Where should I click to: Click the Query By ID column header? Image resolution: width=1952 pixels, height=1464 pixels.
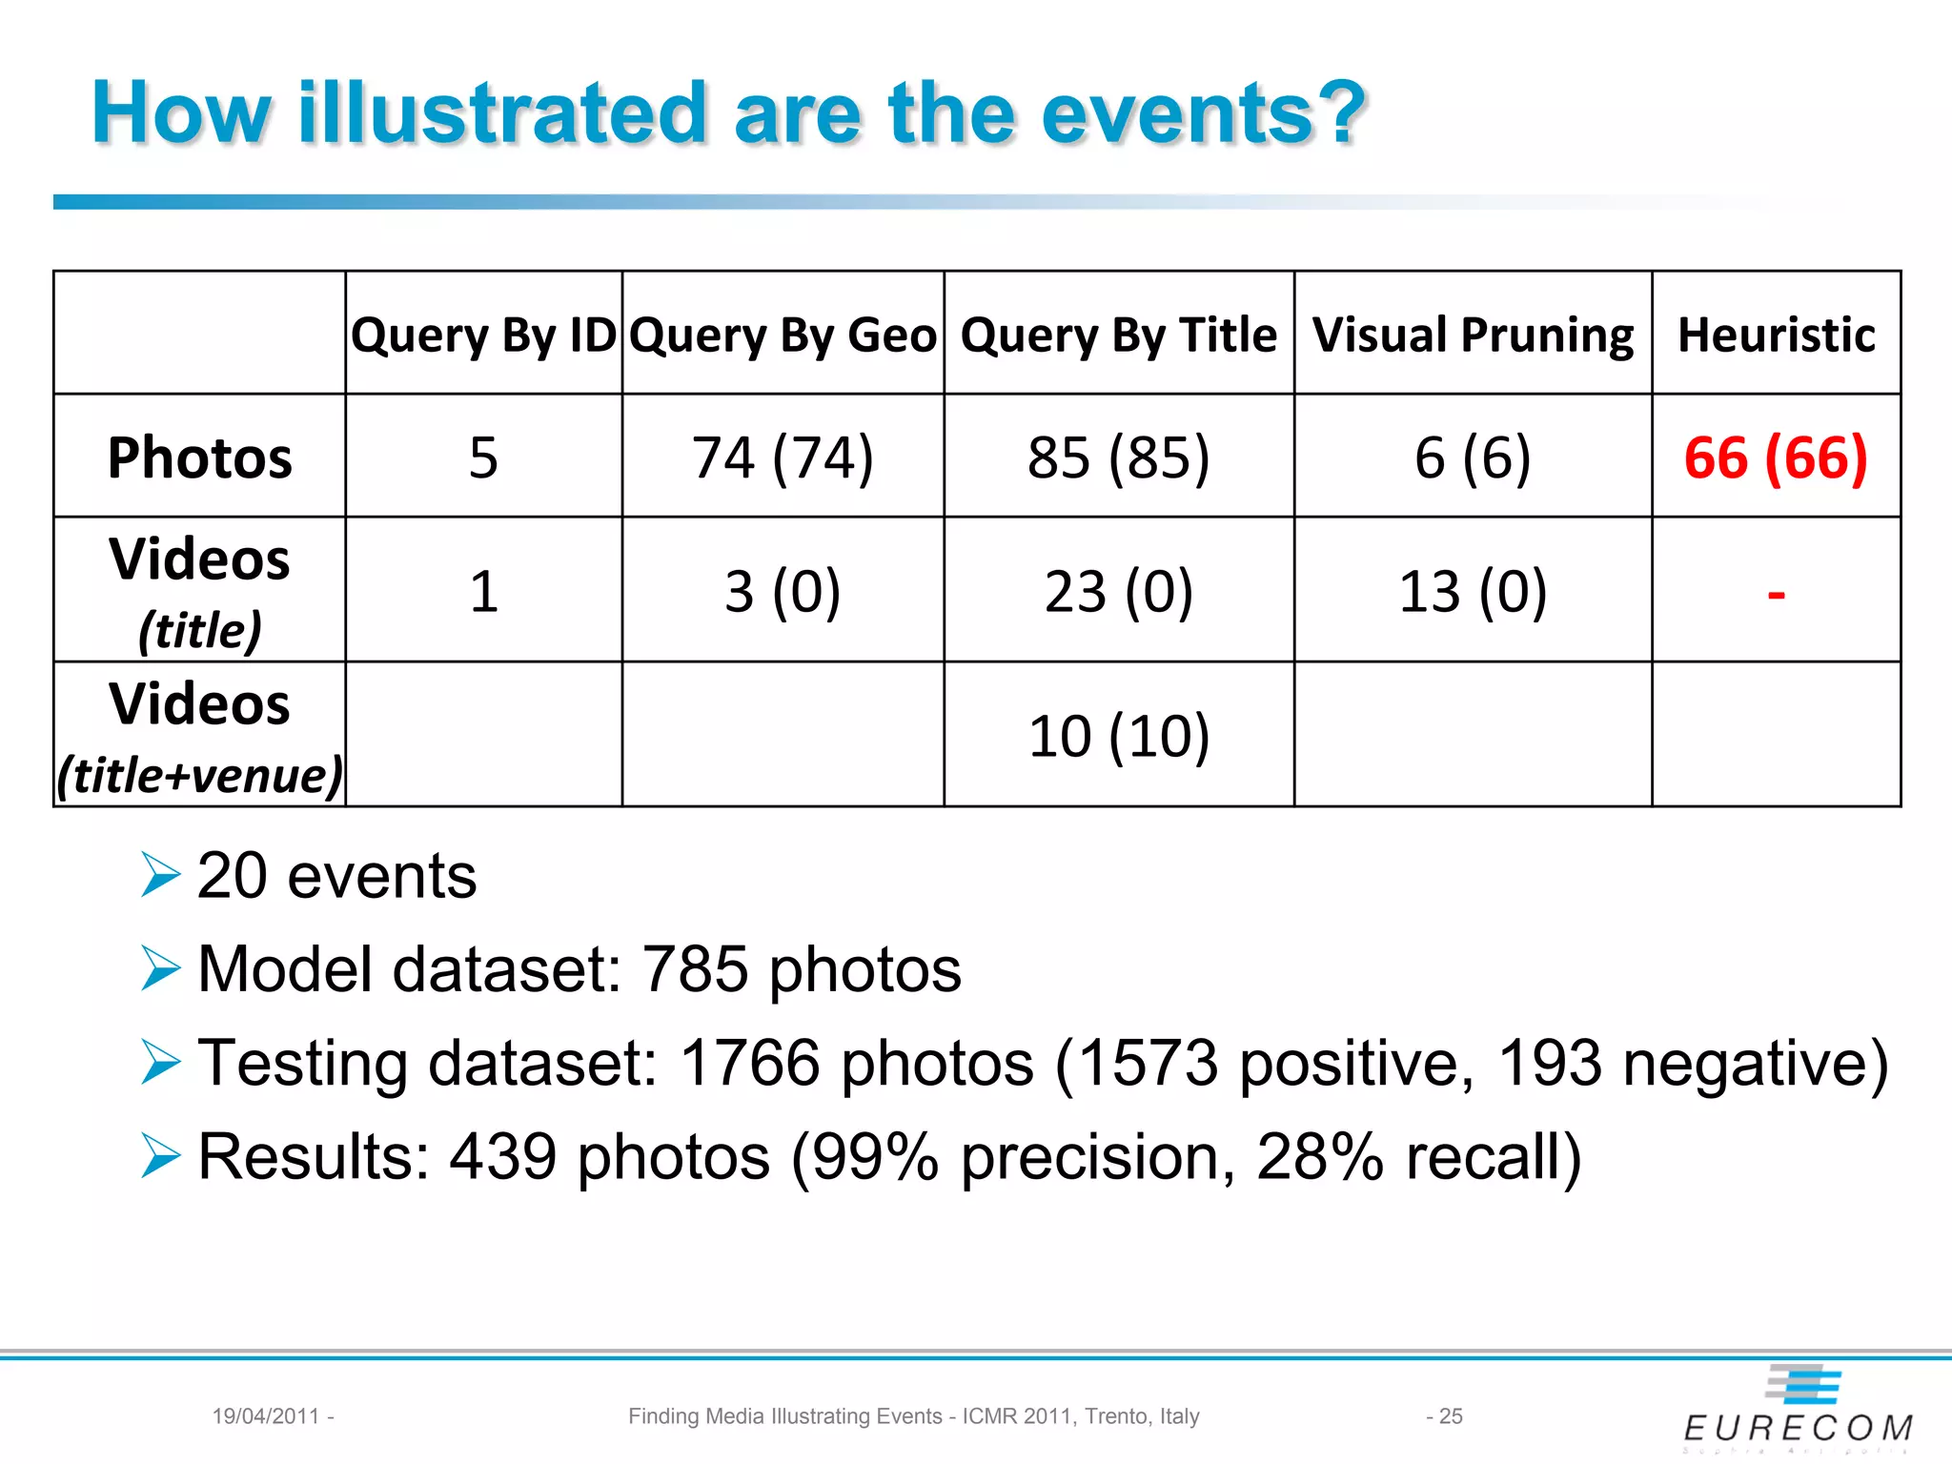483,335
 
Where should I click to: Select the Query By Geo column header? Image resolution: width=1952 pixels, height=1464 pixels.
783,335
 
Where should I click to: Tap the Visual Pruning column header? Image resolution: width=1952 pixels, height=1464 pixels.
1473,335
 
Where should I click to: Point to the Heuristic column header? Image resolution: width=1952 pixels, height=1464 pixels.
1777,335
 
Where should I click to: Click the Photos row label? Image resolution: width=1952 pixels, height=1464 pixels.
199,457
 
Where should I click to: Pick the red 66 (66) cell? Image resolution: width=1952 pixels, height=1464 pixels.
1776,457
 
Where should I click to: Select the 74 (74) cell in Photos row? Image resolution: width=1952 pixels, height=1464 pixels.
783,457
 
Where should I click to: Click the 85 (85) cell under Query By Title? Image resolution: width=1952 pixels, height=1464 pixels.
1118,457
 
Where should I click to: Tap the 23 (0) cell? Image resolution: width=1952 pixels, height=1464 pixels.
1118,591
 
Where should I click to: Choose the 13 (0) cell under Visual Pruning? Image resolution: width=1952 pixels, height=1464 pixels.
1473,591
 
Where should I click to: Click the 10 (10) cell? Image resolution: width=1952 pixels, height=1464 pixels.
1118,736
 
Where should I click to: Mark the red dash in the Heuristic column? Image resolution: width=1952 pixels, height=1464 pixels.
1776,595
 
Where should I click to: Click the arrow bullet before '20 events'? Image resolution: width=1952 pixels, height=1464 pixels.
160,875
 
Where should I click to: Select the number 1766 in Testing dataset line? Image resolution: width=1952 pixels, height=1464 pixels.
750,1063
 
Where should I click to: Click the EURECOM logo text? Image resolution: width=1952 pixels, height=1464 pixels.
1798,1428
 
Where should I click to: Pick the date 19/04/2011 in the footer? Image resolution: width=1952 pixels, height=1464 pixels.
265,1416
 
